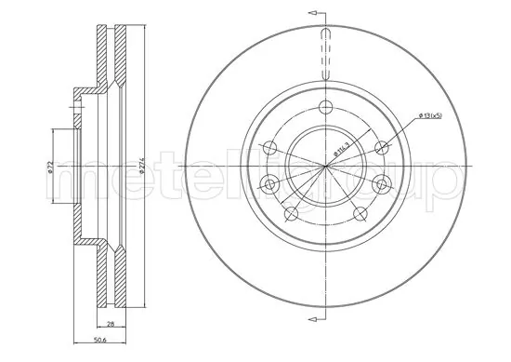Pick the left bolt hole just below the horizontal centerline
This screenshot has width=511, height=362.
pyautogui.click(x=270, y=182)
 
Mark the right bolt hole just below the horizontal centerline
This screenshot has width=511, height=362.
pyautogui.click(x=379, y=186)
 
